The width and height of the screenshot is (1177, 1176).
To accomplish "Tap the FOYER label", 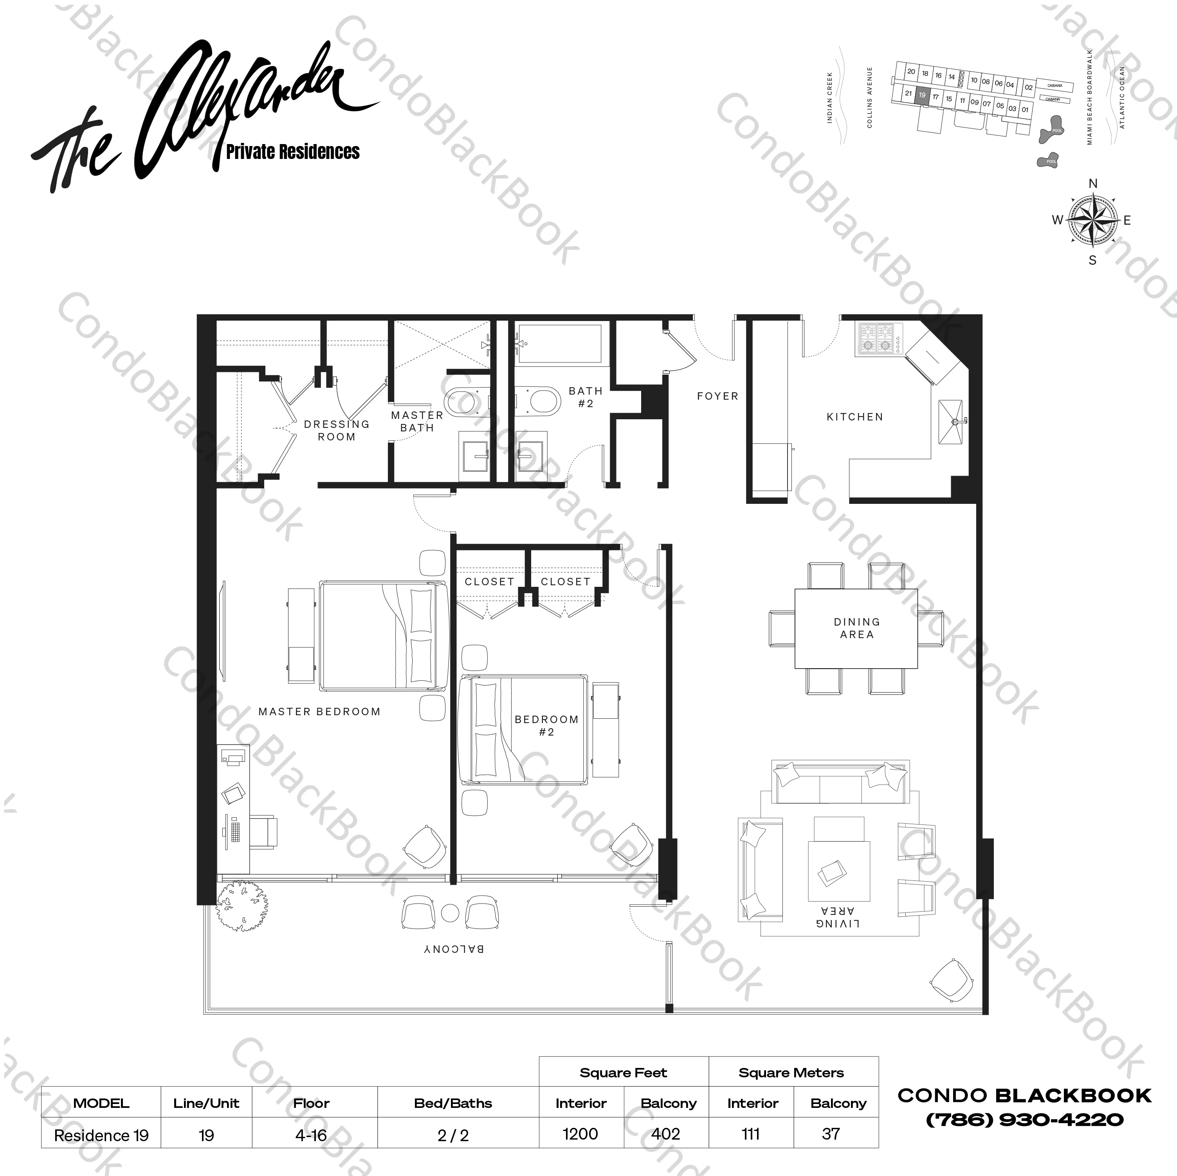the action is point(717,396).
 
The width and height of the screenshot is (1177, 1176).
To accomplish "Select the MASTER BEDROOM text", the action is point(319,712).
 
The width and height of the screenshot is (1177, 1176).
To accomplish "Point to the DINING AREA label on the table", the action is point(856,628).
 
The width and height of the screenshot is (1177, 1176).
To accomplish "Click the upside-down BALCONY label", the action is point(454,949).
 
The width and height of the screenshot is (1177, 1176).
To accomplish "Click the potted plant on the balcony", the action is point(242,904).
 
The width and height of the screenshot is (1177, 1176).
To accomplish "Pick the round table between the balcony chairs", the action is point(450,913).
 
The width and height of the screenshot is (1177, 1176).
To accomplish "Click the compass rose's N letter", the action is point(1093,183).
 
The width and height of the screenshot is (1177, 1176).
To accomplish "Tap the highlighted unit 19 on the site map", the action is point(922,96).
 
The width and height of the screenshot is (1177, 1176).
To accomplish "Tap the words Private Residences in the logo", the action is point(293,152).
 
